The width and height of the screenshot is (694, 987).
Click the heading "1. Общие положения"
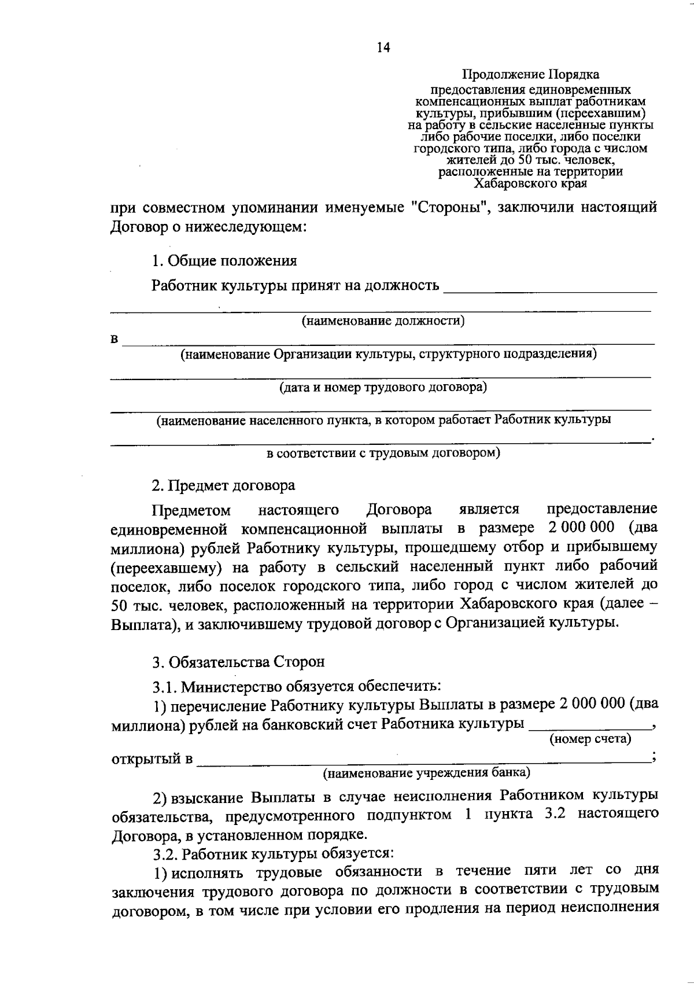(x=224, y=261)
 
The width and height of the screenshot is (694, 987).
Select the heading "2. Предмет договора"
(x=223, y=485)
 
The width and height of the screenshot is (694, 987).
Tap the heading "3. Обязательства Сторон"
(x=238, y=661)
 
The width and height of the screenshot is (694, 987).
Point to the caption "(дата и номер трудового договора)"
(x=383, y=386)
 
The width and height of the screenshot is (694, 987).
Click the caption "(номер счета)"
(x=590, y=738)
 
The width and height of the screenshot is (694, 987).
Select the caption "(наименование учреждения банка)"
(x=426, y=772)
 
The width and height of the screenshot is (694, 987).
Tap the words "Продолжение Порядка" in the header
(x=530, y=75)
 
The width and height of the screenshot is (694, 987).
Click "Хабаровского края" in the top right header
(x=530, y=184)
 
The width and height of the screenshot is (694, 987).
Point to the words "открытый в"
(x=152, y=758)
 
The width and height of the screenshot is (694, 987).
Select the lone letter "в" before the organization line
(x=115, y=339)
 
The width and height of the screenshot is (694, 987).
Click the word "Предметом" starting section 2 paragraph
(x=191, y=510)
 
